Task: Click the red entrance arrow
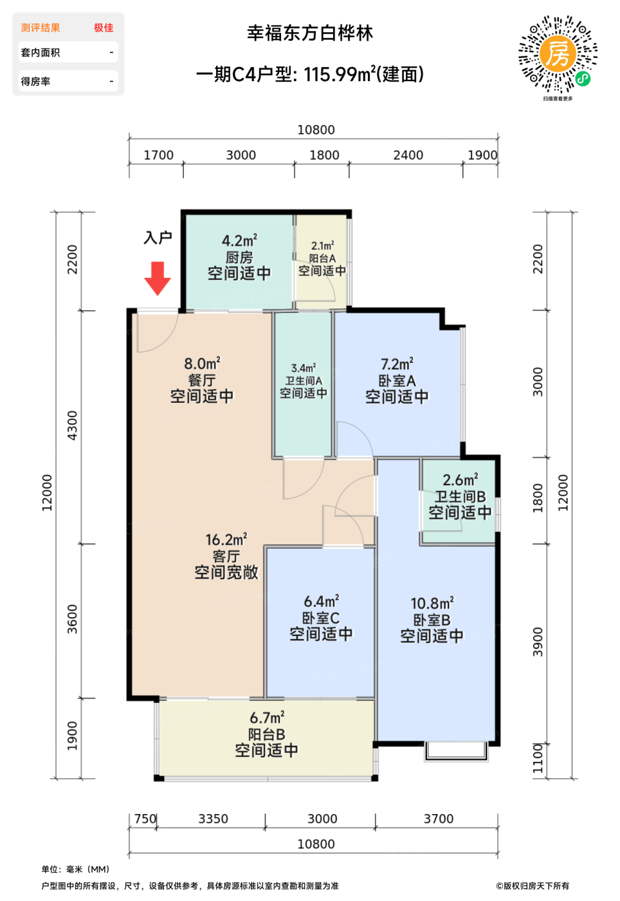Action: click(x=157, y=278)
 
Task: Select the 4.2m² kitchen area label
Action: click(x=240, y=241)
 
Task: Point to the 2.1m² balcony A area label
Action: click(x=322, y=246)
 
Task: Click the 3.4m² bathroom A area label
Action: click(x=303, y=368)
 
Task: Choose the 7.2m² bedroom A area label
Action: click(x=397, y=364)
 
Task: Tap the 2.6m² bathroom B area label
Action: click(x=460, y=479)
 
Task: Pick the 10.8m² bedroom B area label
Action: click(x=432, y=603)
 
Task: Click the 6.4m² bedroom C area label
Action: click(x=322, y=601)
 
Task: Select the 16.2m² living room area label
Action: click(x=226, y=539)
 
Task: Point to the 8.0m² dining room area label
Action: click(x=202, y=364)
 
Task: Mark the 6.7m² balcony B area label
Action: click(x=267, y=717)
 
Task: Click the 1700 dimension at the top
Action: click(x=158, y=155)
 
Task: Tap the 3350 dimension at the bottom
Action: click(x=213, y=819)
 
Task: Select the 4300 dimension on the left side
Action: click(x=72, y=425)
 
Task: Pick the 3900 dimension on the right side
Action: click(x=538, y=642)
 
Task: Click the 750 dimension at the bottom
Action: click(x=145, y=819)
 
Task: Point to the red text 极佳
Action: click(x=104, y=28)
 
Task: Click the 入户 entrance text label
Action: click(x=158, y=237)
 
